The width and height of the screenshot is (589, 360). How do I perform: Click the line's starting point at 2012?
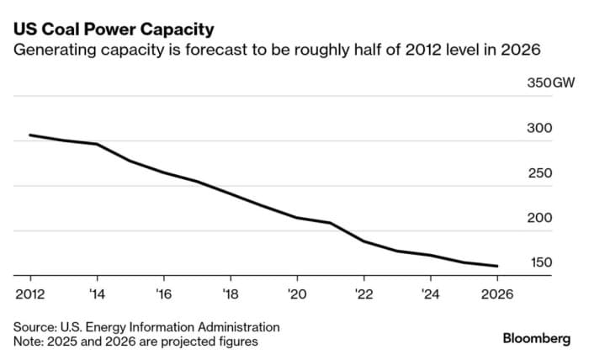pyautogui.click(x=30, y=135)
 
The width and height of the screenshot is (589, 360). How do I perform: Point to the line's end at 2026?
pyautogui.click(x=496, y=266)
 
